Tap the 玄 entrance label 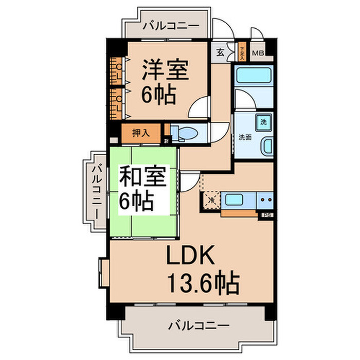click(220, 51)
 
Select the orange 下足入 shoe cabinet click(242, 52)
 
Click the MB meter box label click(258, 52)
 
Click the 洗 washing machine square click(263, 122)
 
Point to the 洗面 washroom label click(245, 137)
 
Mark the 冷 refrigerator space click(211, 198)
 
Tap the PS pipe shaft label click(266, 215)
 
